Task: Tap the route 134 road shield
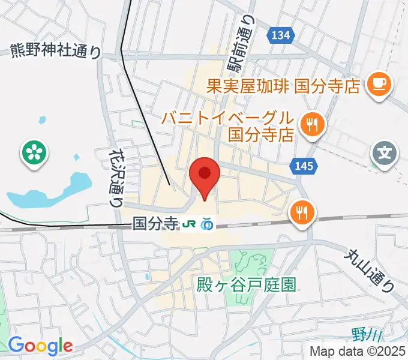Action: click(x=280, y=35)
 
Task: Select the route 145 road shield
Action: click(x=304, y=166)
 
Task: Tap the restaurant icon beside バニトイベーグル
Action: click(x=311, y=125)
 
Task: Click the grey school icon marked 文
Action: click(x=384, y=154)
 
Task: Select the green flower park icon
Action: click(x=34, y=154)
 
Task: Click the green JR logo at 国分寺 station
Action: click(x=190, y=224)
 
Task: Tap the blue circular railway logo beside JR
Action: click(x=207, y=224)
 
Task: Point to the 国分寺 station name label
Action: click(x=156, y=224)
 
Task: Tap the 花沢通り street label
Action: click(x=116, y=178)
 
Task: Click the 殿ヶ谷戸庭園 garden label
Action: click(x=246, y=286)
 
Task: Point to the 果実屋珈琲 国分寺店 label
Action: click(x=283, y=86)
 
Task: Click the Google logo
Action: click(x=40, y=346)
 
